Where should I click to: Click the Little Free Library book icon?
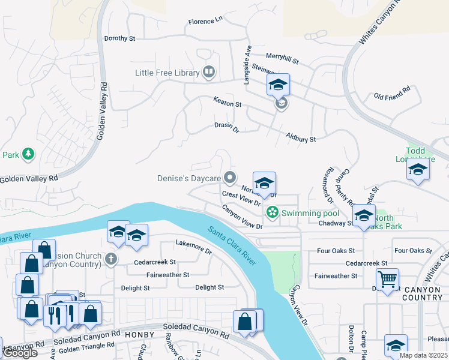(209, 73)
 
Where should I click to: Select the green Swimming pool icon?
(272, 212)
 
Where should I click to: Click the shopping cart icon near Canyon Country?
(387, 278)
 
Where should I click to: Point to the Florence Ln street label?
(205, 22)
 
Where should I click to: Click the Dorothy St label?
(120, 38)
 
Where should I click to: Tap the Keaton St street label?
(228, 104)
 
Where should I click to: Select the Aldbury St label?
(301, 139)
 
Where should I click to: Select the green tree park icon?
(28, 155)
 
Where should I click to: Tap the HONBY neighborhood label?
(139, 334)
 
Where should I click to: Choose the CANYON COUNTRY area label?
(422, 293)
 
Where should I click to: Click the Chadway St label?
(336, 223)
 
